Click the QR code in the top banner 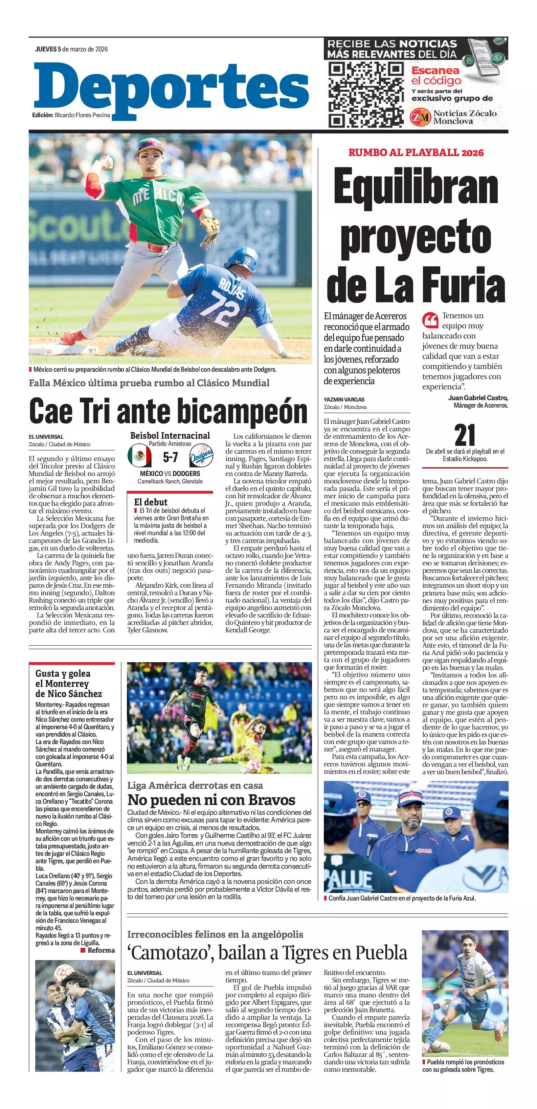point(366,94)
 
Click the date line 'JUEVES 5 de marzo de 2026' point(71,49)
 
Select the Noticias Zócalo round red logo point(420,117)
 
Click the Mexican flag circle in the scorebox point(139,457)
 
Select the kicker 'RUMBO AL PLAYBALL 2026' point(416,152)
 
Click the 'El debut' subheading point(151,502)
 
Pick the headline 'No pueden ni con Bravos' point(211,800)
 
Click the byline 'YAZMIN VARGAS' point(344,399)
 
